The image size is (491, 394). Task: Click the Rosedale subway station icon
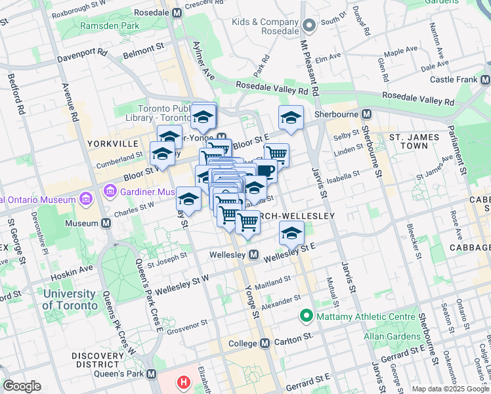pyautogui.click(x=177, y=12)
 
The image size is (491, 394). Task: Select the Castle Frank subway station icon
pyautogui.click(x=485, y=79)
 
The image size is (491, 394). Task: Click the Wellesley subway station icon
pyautogui.click(x=253, y=254)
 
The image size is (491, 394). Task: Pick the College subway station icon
pyautogui.click(x=265, y=343)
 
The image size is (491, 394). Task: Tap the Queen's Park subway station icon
pyautogui.click(x=152, y=374)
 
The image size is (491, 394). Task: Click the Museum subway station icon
pyautogui.click(x=106, y=223)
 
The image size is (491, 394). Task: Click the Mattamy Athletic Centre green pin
pyautogui.click(x=305, y=317)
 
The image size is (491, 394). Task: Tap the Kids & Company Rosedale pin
pyautogui.click(x=310, y=26)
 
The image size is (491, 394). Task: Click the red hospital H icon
pyautogui.click(x=184, y=382)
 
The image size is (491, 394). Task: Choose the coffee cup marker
pyautogui.click(x=266, y=171)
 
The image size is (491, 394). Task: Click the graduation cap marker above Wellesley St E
pyautogui.click(x=291, y=232)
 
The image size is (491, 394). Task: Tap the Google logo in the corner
pyautogui.click(x=22, y=386)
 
